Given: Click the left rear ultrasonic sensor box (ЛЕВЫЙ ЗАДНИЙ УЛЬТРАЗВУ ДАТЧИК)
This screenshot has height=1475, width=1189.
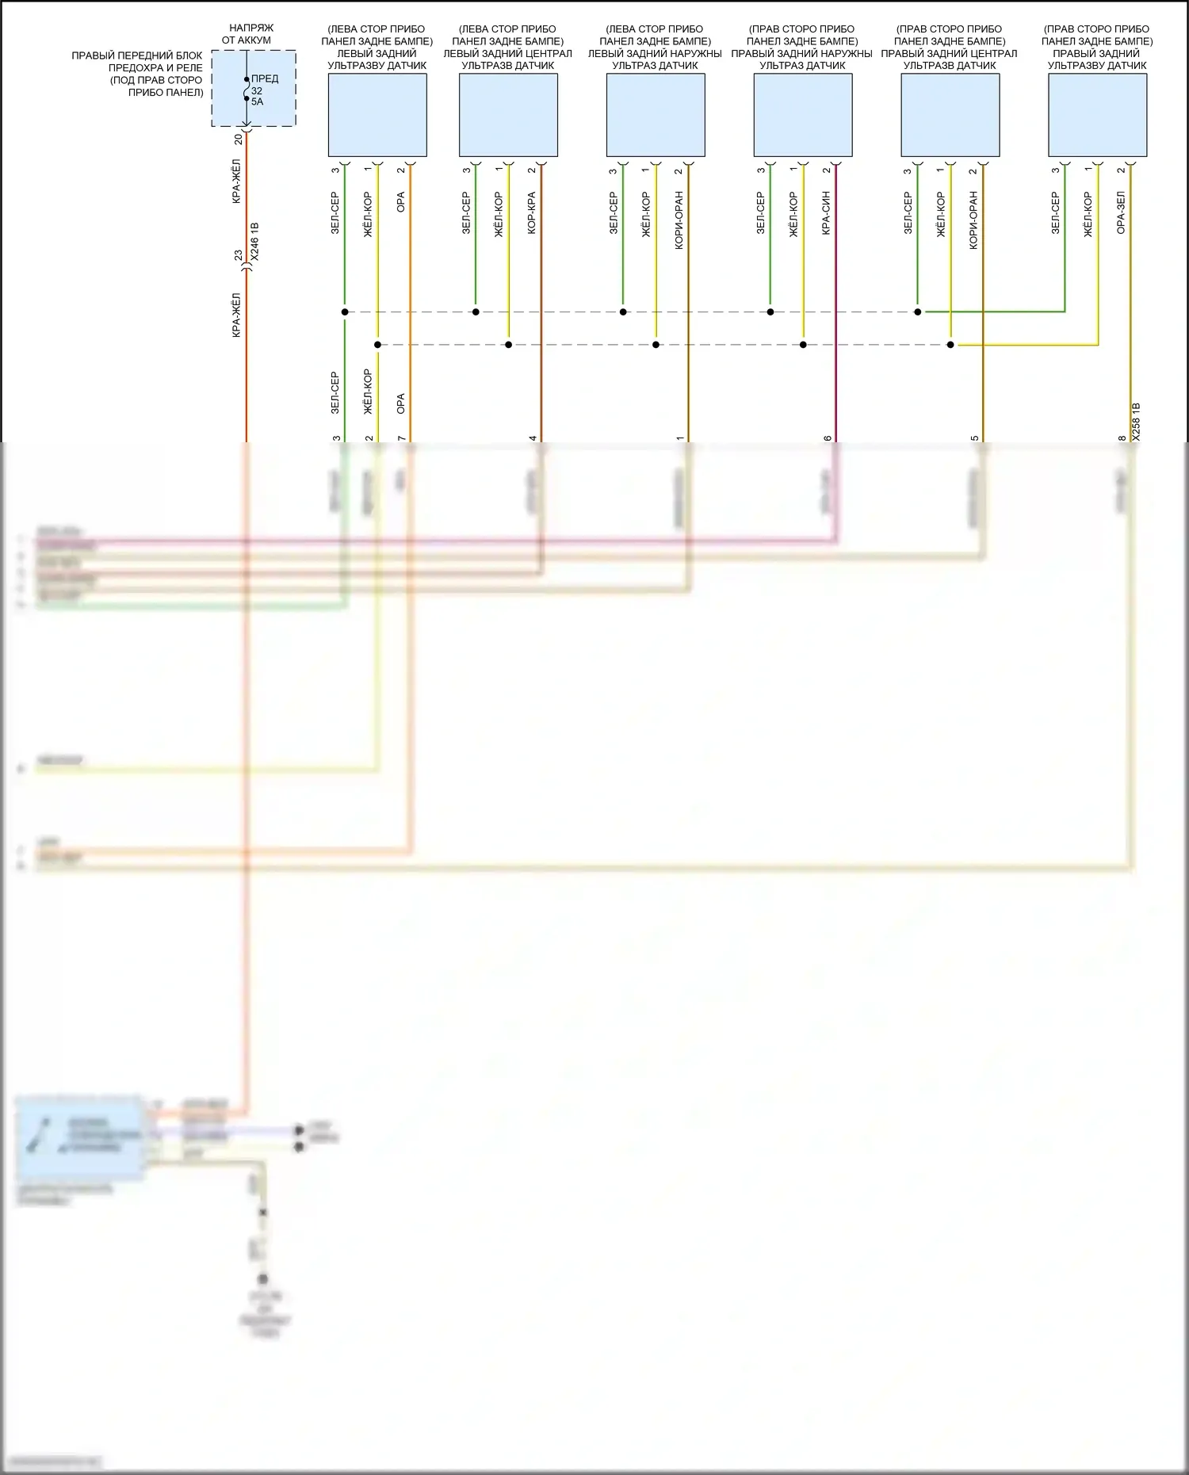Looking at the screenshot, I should tap(377, 115).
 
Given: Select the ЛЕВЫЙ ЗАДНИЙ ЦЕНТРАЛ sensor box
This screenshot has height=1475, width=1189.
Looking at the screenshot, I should tap(508, 115).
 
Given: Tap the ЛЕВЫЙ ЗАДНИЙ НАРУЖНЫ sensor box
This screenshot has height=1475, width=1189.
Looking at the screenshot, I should tap(656, 115).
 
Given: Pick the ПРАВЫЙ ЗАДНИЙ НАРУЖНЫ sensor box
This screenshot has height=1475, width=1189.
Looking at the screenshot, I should tap(803, 115).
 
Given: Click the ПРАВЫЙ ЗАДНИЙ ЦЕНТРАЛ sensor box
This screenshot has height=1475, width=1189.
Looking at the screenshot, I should tap(950, 115).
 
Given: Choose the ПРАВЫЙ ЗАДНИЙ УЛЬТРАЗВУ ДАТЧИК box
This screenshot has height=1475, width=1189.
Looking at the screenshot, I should tap(1097, 115).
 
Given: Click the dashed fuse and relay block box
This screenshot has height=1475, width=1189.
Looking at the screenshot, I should tap(254, 88).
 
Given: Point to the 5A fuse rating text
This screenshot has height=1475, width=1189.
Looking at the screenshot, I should tap(257, 102).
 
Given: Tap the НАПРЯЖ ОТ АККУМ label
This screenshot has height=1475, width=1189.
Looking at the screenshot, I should tap(247, 34).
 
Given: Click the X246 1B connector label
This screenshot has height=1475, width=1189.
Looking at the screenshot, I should tap(254, 242).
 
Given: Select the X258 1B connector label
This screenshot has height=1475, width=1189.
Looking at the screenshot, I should tap(1136, 421).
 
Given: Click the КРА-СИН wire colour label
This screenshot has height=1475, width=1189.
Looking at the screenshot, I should tap(827, 212).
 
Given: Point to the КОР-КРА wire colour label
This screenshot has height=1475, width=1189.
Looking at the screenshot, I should tap(532, 212).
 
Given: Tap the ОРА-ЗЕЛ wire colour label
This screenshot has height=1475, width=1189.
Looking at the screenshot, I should tap(1121, 212).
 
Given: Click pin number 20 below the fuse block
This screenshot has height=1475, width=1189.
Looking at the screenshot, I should tap(238, 139).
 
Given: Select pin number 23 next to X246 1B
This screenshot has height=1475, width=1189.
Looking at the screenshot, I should tap(239, 255).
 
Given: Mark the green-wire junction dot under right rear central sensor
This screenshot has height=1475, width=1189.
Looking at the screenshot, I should tap(918, 312).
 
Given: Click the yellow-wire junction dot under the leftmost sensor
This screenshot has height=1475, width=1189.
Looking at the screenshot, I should tap(377, 345).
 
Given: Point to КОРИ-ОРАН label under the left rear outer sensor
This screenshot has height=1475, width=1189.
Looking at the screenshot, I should tap(679, 220).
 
